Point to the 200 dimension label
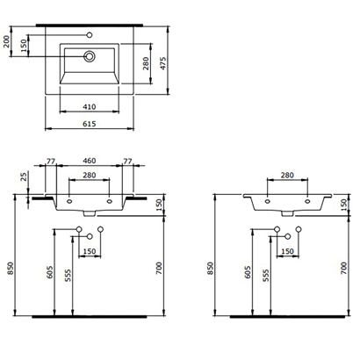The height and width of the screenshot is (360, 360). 9,42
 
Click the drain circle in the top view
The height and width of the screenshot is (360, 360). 89,57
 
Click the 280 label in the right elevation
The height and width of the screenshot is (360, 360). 286,176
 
